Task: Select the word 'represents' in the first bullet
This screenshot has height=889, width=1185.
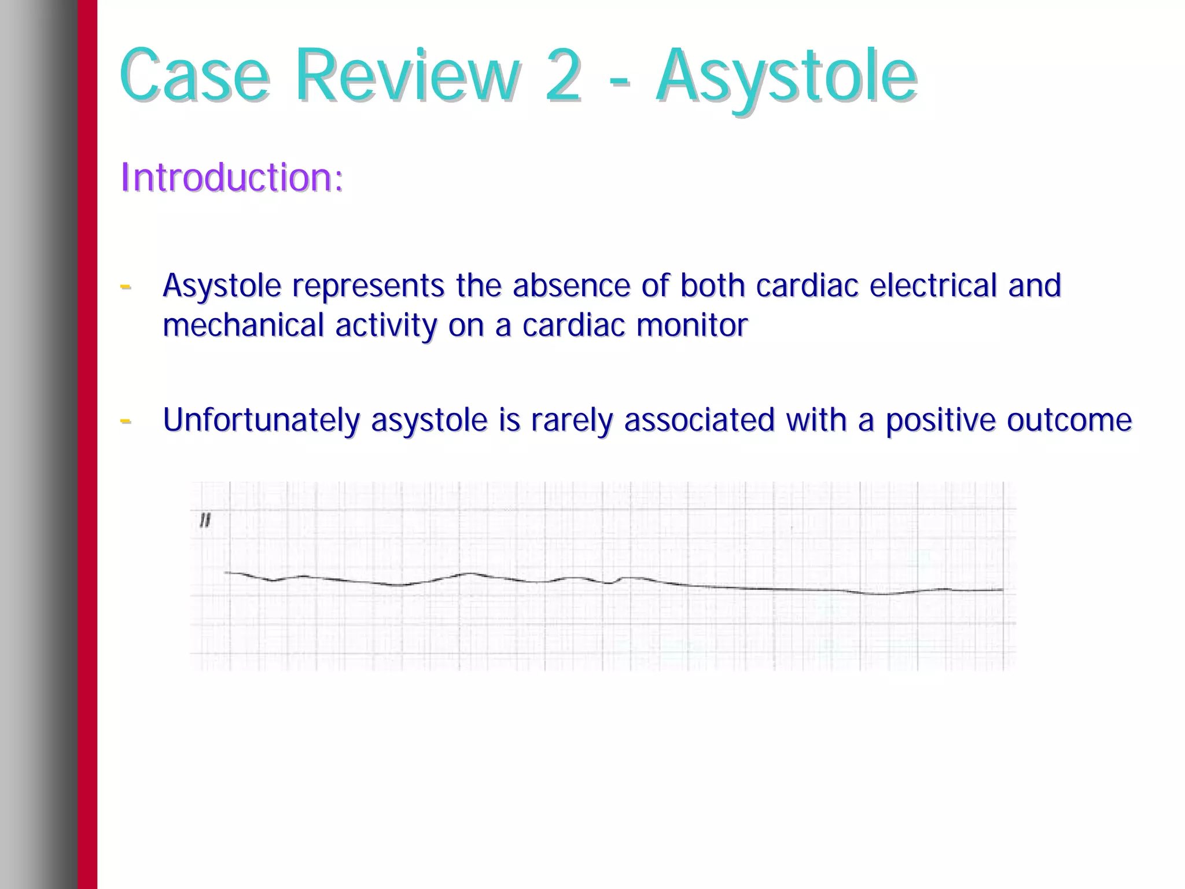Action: coord(368,286)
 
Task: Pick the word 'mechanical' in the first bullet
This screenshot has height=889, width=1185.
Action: coord(243,325)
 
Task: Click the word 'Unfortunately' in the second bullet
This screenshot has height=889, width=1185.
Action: coord(261,420)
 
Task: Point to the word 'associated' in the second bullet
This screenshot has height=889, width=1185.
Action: coord(699,420)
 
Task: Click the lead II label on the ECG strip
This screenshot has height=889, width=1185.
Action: coord(205,521)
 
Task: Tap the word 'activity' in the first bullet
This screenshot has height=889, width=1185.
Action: coord(386,325)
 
